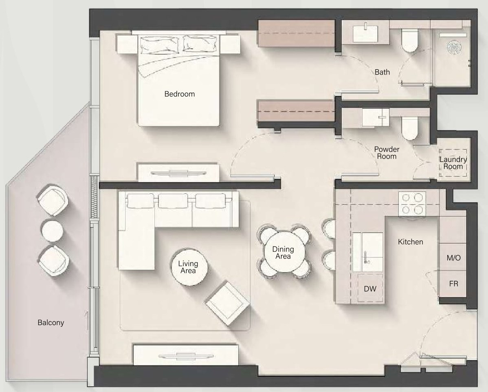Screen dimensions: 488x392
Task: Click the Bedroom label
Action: click(x=180, y=94)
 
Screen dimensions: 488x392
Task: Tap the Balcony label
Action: click(x=51, y=323)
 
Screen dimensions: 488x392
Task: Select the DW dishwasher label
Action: click(x=370, y=289)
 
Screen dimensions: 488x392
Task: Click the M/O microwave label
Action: click(x=453, y=258)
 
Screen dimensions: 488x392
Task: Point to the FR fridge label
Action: click(x=453, y=284)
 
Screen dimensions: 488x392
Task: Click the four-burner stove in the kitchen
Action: click(x=412, y=203)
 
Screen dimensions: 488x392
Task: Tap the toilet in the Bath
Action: click(x=409, y=40)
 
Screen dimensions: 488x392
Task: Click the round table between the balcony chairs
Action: click(x=52, y=231)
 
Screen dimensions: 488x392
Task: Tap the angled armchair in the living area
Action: click(x=228, y=303)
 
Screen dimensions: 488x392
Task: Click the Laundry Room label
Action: click(x=453, y=163)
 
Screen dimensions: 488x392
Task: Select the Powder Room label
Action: click(x=387, y=153)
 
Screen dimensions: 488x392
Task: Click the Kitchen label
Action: click(x=411, y=242)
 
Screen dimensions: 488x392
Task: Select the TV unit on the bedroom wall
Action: click(x=179, y=172)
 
